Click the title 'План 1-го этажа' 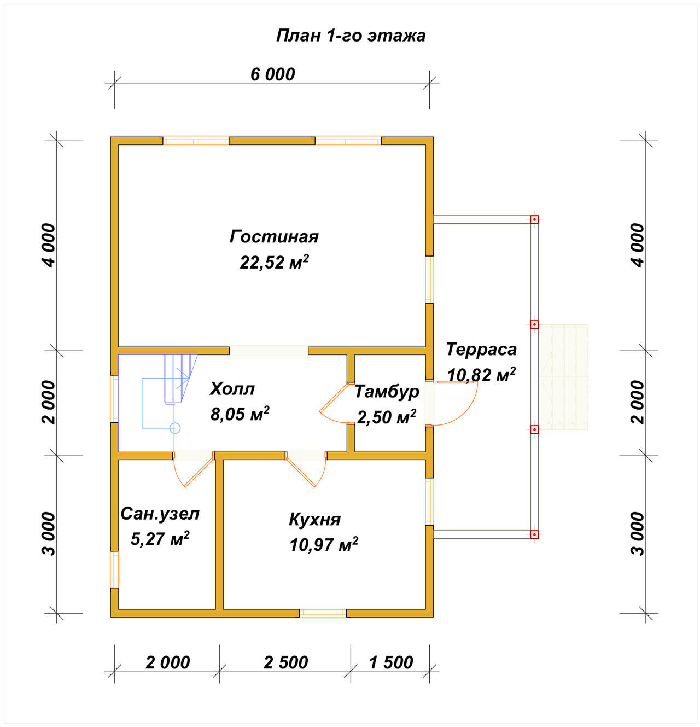(351, 36)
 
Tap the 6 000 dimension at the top (272, 74)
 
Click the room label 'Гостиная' (274, 236)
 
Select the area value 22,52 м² (274, 262)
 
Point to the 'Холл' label (232, 389)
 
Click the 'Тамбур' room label (387, 392)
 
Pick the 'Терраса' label (481, 350)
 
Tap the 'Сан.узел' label (160, 514)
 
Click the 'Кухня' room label (314, 520)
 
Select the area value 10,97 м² (324, 545)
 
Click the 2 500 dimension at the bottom (285, 663)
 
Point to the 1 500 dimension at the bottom (390, 663)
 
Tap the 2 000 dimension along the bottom (167, 663)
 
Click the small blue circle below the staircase (175, 428)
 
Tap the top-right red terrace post (534, 220)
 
